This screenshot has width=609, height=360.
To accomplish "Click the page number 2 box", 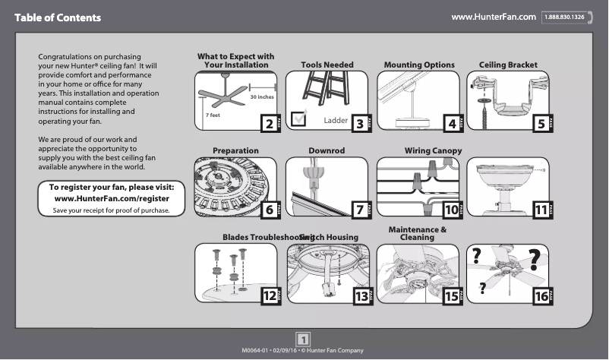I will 268,124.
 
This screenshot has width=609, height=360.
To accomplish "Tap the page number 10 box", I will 452,210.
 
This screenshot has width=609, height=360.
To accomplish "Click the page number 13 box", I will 361,297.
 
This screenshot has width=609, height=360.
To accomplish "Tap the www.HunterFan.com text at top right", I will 494,17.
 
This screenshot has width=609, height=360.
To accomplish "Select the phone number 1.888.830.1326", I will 564,17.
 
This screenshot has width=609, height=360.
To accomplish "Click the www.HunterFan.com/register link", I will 112,198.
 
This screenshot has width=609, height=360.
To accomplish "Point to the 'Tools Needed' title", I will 327,65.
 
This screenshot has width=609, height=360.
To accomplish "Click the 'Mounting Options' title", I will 419,65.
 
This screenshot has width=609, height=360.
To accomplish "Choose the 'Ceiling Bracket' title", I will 508,65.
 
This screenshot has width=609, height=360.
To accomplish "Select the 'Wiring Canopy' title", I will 433,151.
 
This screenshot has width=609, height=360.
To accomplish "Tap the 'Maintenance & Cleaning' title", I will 417,233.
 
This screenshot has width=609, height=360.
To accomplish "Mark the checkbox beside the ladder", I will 298,117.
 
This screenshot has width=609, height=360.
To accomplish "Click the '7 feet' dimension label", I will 212,115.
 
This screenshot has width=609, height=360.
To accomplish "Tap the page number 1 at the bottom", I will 303,339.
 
